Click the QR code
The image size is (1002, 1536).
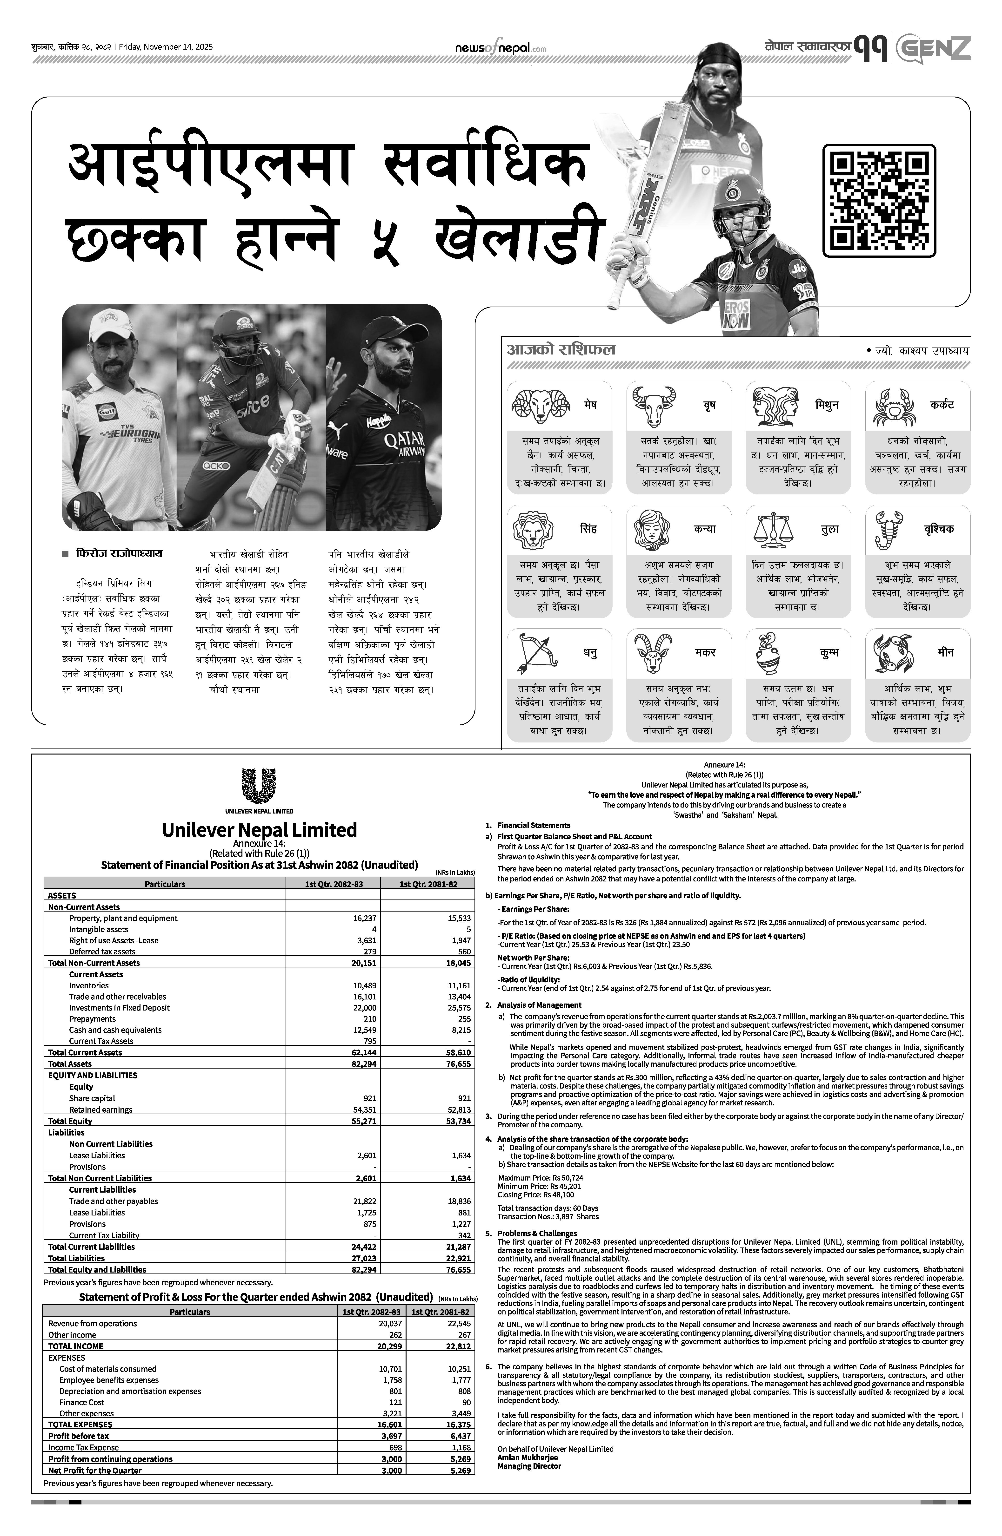[879, 201]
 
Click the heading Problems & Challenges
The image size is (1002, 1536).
[537, 1233]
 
